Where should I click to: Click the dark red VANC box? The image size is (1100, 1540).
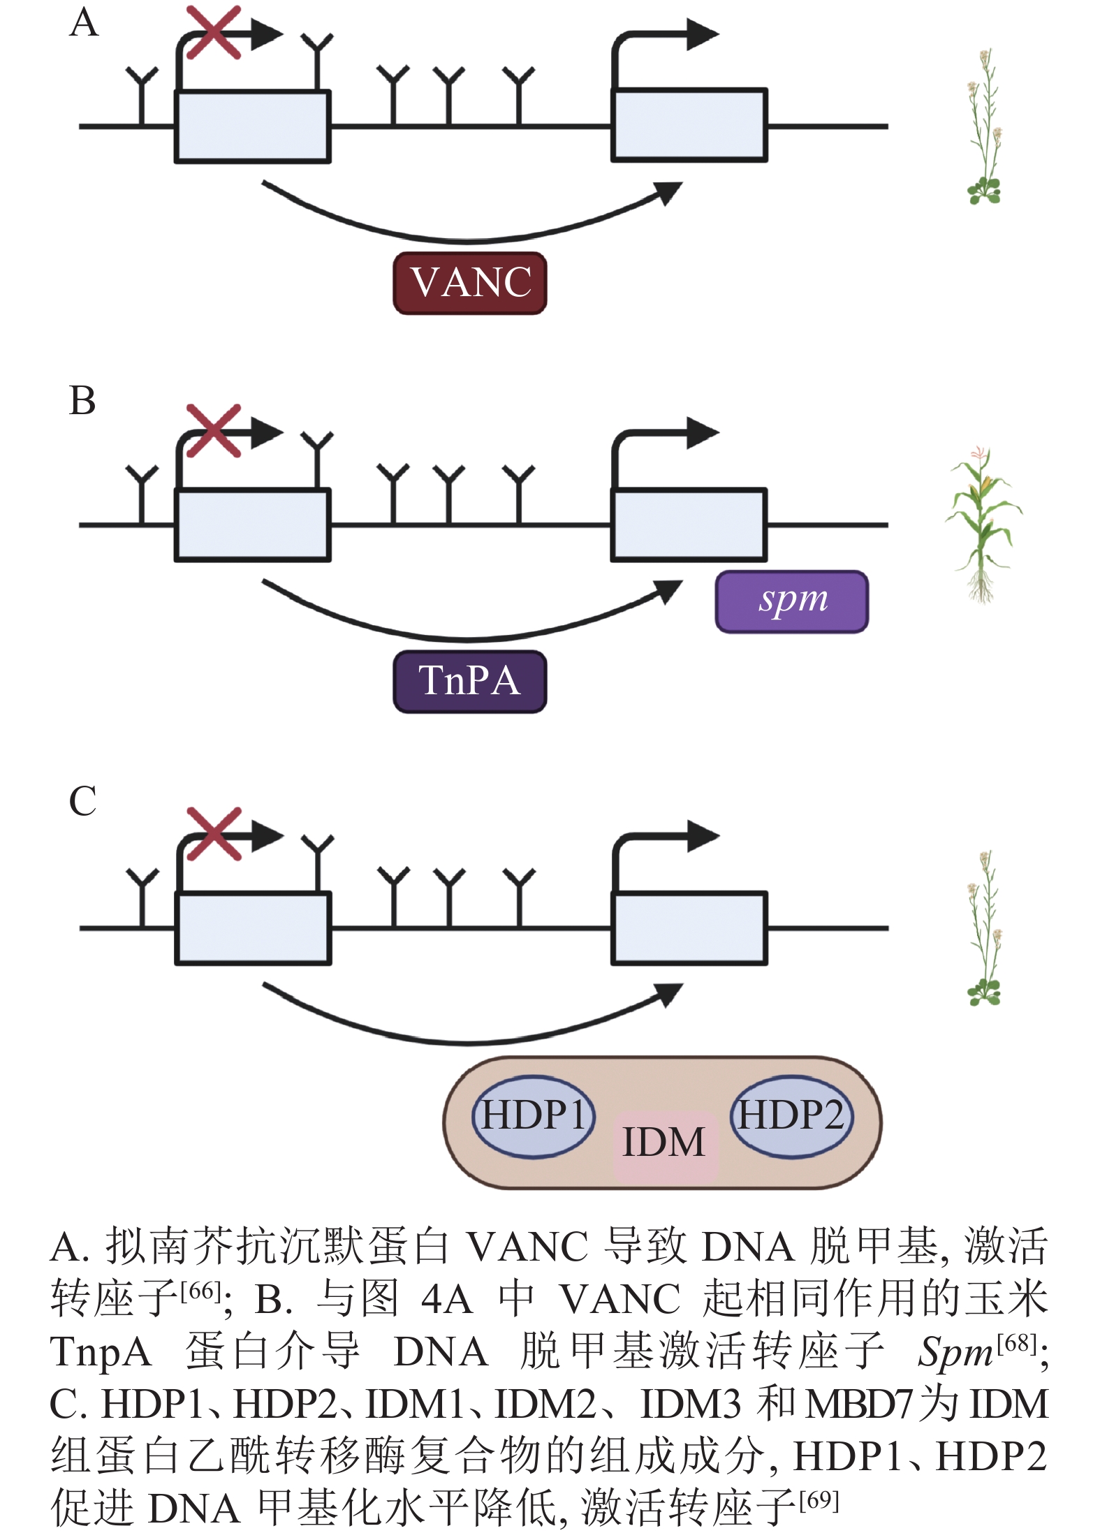pyautogui.click(x=469, y=283)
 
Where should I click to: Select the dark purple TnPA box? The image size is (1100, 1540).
pyautogui.click(x=469, y=681)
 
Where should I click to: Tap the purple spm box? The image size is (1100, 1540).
pyautogui.click(x=792, y=601)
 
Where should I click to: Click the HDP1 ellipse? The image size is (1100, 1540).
pyautogui.click(x=534, y=1115)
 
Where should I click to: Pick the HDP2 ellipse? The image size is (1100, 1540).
pyautogui.click(x=791, y=1115)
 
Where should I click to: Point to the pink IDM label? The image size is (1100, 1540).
pyautogui.click(x=665, y=1143)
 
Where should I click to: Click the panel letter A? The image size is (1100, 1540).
pyautogui.click(x=84, y=23)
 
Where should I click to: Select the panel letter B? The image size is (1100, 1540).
pyautogui.click(x=82, y=401)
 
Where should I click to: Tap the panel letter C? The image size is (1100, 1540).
pyautogui.click(x=82, y=801)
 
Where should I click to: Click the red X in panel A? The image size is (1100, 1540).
pyautogui.click(x=214, y=32)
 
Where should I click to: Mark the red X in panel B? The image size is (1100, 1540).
pyautogui.click(x=214, y=430)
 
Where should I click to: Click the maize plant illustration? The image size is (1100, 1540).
pyautogui.click(x=983, y=524)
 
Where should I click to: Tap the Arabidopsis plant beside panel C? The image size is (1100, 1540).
pyautogui.click(x=985, y=929)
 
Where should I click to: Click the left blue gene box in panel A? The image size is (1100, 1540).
pyautogui.click(x=252, y=126)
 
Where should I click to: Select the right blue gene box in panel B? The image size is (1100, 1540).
pyautogui.click(x=689, y=525)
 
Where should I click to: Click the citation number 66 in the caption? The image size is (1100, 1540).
pyautogui.click(x=200, y=1291)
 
